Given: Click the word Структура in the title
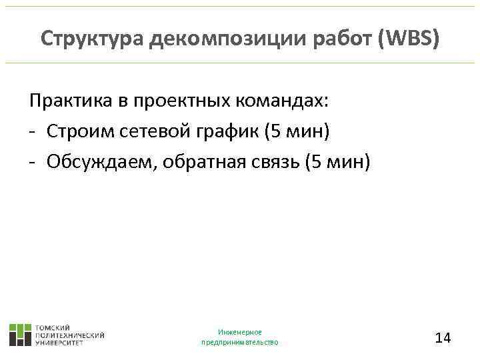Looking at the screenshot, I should tap(93, 39).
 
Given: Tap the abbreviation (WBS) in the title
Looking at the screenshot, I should tap(407, 39).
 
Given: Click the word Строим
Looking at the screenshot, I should tap(77, 132).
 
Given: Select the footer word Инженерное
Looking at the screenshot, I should tap(239, 332).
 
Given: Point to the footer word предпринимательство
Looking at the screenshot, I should tap(239, 342).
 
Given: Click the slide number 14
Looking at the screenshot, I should tap(443, 338).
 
